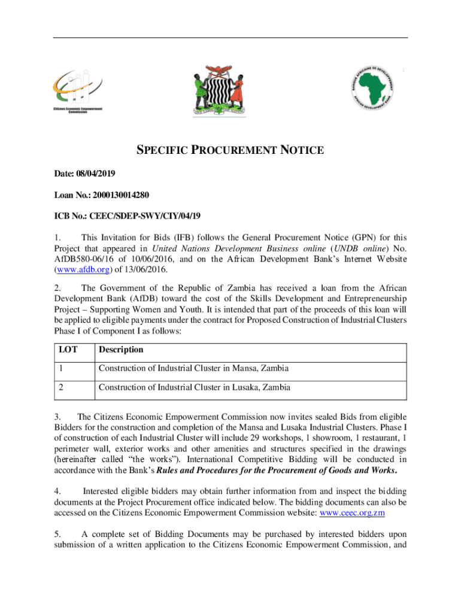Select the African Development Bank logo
(372, 87)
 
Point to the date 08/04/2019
(96, 174)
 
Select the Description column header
(121, 350)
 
